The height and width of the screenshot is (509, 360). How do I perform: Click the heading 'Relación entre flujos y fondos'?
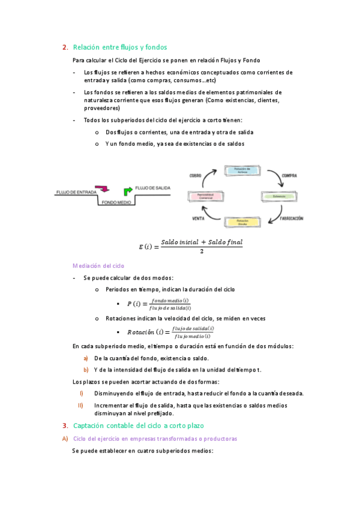pos(119,47)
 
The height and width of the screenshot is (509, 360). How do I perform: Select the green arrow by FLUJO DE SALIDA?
pos(128,191)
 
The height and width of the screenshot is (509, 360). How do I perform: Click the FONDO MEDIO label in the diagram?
pos(116,203)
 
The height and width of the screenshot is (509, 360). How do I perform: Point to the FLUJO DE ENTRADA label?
pos(75,192)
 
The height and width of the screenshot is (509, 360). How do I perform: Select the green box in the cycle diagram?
pos(279,196)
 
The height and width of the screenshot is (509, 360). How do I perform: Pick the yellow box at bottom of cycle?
pos(242,222)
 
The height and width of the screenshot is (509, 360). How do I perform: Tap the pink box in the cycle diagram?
pos(205,196)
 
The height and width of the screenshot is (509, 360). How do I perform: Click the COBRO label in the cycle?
pos(196,175)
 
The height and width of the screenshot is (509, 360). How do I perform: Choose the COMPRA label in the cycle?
pos(290,175)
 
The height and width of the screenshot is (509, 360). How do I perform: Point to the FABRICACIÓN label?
pos(291,218)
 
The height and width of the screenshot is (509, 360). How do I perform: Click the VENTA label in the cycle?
pos(199,218)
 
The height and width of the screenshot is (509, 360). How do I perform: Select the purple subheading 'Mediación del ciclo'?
pos(99,265)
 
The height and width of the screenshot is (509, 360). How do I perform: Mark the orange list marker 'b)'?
pos(86,369)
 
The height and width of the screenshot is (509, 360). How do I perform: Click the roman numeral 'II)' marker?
pos(80,406)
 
